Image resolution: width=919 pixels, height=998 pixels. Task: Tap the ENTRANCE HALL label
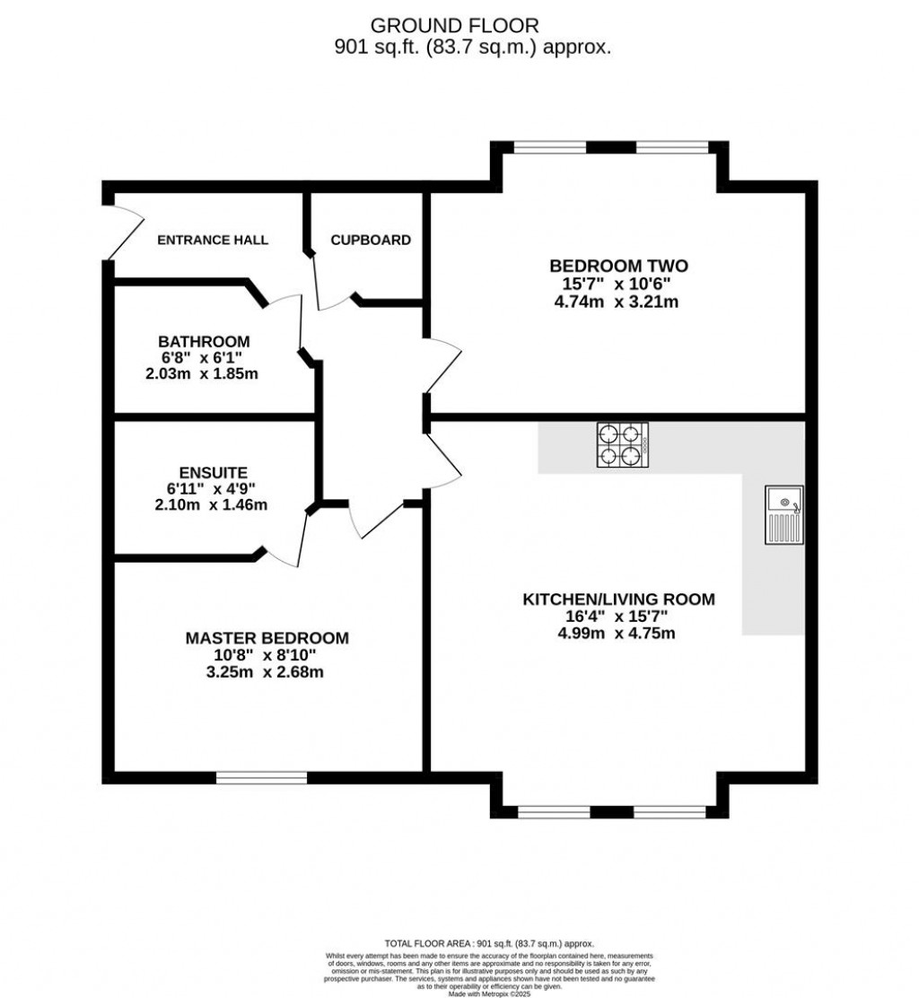pyautogui.click(x=213, y=240)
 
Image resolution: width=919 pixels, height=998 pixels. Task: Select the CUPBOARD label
pyautogui.click(x=371, y=240)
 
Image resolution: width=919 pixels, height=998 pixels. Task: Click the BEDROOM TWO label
pyautogui.click(x=618, y=266)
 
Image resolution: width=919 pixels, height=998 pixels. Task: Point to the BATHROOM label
pyautogui.click(x=204, y=342)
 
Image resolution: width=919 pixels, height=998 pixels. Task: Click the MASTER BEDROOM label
pyautogui.click(x=267, y=638)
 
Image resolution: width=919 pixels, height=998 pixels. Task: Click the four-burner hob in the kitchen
pyautogui.click(x=623, y=445)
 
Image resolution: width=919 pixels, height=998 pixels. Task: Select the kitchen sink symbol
pyautogui.click(x=783, y=514)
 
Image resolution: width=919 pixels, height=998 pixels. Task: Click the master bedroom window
pyautogui.click(x=262, y=777)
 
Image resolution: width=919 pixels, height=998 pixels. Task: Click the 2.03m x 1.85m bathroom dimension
pyautogui.click(x=203, y=373)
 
